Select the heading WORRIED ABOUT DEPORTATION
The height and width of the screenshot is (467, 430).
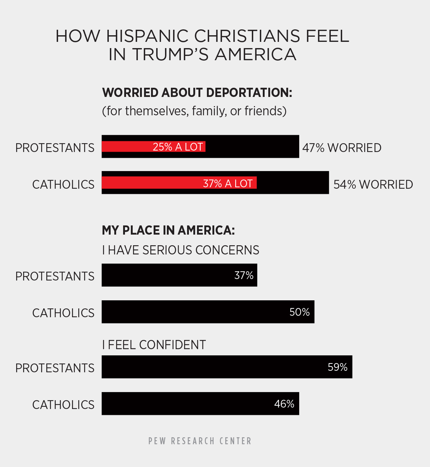click(197, 93)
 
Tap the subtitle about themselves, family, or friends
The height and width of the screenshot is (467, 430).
click(194, 111)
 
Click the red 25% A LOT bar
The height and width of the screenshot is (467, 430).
click(153, 147)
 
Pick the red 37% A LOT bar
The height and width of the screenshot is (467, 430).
click(179, 183)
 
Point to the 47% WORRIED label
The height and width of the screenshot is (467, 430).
click(342, 148)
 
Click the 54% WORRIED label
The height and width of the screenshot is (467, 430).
click(373, 184)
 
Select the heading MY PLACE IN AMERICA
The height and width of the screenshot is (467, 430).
click(168, 230)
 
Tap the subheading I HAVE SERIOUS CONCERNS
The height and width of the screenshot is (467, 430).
click(180, 250)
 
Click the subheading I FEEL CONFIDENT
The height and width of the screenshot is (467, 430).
click(154, 345)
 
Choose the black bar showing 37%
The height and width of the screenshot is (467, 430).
click(179, 275)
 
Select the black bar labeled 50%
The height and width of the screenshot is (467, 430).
click(208, 312)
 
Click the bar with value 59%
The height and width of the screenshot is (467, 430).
click(227, 367)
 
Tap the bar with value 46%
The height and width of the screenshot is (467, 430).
click(200, 403)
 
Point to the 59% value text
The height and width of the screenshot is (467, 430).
click(337, 367)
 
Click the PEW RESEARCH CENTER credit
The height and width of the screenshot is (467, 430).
click(200, 441)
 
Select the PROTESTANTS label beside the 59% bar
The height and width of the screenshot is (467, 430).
click(55, 368)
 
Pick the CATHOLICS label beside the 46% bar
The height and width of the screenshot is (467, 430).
click(63, 405)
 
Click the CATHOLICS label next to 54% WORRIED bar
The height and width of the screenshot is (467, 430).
click(63, 184)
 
